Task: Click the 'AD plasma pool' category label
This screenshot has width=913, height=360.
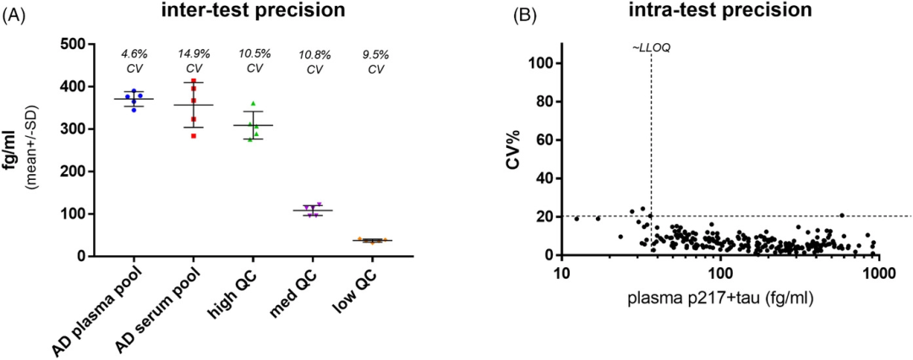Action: coord(127,303)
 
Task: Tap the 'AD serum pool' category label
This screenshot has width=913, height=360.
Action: coord(177,304)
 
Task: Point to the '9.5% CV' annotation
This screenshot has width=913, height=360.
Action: coord(372,61)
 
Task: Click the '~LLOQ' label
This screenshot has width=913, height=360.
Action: coord(650,48)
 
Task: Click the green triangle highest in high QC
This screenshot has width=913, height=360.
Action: coord(253,104)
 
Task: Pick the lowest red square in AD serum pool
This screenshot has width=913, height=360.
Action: coord(193,135)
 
